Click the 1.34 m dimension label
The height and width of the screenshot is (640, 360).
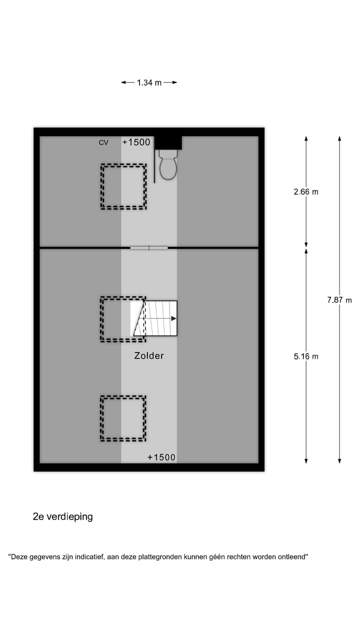point(149,82)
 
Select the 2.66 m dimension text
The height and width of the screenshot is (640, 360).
point(306,191)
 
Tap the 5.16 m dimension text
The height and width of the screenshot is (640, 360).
point(306,356)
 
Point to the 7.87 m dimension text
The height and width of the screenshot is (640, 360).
point(339,300)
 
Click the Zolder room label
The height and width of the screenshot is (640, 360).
point(149,355)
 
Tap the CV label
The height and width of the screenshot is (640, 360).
point(103,142)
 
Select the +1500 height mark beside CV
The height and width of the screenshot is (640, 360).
point(136,142)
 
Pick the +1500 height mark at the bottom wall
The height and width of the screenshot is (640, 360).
point(161,457)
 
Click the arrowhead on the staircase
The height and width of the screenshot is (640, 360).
point(173,318)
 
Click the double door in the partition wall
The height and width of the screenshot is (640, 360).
point(149,247)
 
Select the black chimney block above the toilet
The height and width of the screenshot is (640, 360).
point(168,142)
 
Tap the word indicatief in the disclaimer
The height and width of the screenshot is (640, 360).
point(89,557)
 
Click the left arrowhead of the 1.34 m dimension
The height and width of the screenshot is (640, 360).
point(123,82)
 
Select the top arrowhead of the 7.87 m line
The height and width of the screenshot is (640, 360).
point(339,139)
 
